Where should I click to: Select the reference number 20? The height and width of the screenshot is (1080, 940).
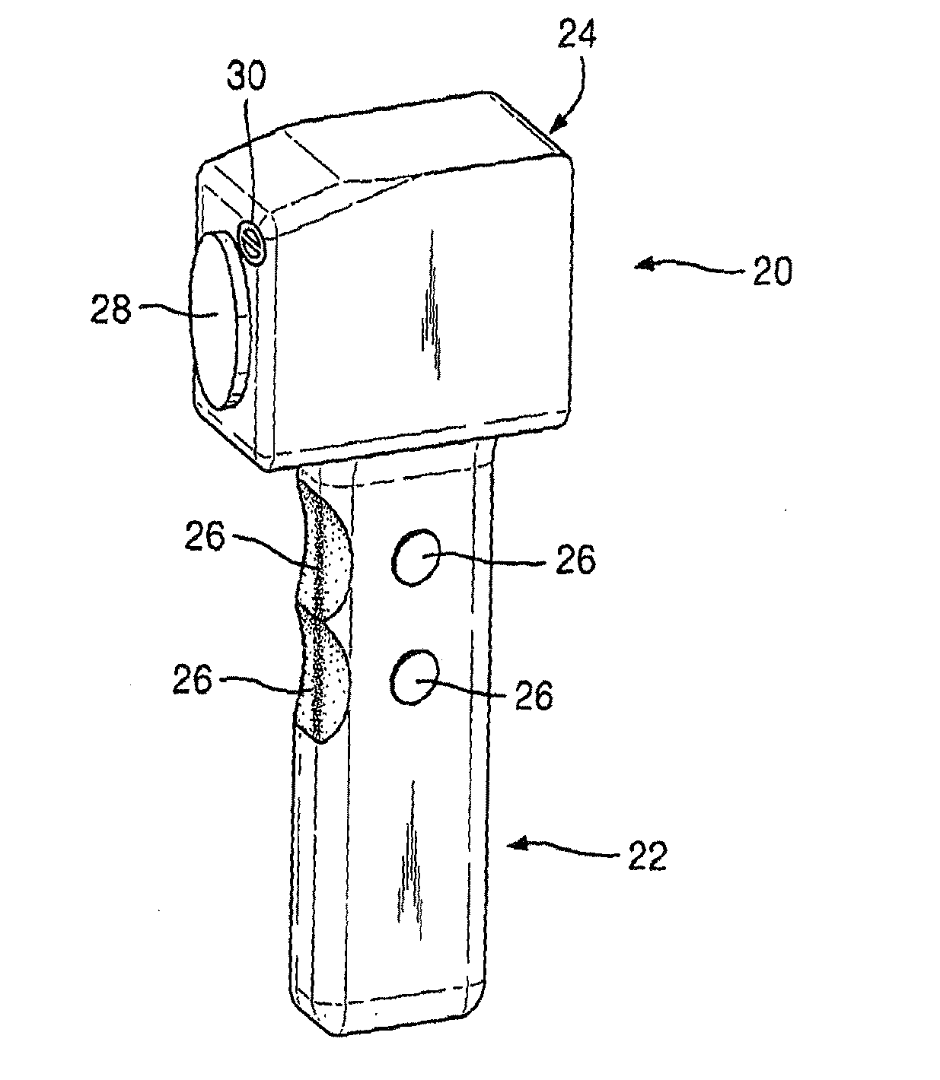(772, 270)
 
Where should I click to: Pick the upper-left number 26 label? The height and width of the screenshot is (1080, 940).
(205, 538)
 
